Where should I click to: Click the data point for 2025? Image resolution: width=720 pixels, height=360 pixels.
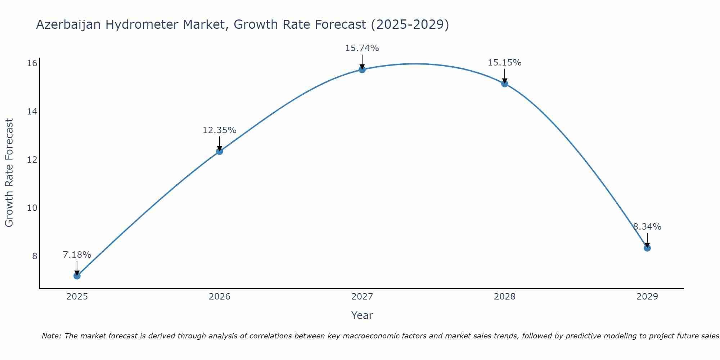pos(77,276)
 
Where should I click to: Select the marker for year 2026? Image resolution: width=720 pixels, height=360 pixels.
pos(220,151)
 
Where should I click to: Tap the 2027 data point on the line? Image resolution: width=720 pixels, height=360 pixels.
pos(362,69)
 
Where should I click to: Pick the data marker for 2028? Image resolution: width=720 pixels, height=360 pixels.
pos(505,84)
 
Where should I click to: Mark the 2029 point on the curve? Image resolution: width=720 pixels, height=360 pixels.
pos(647,248)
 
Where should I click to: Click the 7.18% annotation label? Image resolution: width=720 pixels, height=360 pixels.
pos(77,255)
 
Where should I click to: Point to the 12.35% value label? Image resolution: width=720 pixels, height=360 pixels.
pos(220,130)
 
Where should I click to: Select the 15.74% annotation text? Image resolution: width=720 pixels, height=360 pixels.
pos(362,48)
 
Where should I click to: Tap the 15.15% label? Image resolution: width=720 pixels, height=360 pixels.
pos(505,63)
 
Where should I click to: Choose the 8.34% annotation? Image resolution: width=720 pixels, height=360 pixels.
pos(647,227)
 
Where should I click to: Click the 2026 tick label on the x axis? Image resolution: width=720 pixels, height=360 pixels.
pos(220,297)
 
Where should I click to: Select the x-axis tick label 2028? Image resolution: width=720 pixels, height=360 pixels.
pos(505,297)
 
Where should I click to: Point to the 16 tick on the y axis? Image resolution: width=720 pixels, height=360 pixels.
pos(32,63)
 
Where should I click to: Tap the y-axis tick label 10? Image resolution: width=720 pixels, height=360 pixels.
pos(32,208)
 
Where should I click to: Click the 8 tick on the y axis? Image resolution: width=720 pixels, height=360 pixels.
pos(35,256)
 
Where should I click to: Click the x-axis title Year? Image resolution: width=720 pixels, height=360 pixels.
pos(362,315)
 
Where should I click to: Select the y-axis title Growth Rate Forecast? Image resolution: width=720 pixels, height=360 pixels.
pos(9,173)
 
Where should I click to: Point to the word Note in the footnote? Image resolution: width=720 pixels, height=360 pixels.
pos(51,336)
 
